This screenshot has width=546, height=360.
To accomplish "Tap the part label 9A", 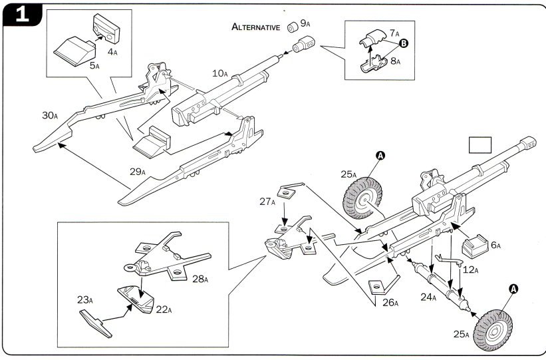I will (306, 23).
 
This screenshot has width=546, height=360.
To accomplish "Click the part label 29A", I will (138, 172).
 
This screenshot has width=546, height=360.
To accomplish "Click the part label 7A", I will (394, 33).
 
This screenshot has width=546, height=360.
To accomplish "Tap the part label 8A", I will (394, 61).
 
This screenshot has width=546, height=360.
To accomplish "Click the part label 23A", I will (85, 300).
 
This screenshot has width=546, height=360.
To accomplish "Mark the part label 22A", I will (164, 309).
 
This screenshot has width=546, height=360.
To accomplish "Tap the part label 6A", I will (494, 245).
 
